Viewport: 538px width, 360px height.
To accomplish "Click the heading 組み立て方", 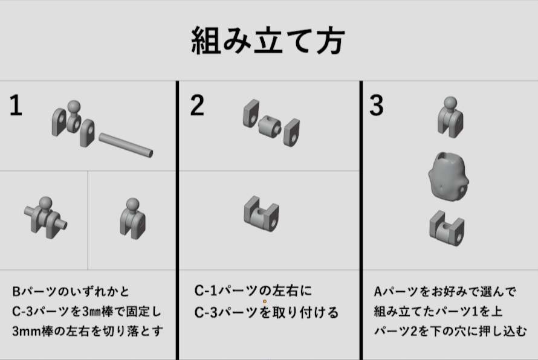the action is (268, 41).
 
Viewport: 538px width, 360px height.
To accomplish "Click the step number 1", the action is (16, 106).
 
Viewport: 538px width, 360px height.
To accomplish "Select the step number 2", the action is (197, 105).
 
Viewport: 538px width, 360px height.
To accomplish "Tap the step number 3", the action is (377, 105).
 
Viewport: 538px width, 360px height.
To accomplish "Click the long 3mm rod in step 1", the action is (126, 145).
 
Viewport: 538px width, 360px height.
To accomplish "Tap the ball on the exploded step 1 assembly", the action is (74, 107).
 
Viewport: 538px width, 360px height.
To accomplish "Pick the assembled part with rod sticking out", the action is (45, 217).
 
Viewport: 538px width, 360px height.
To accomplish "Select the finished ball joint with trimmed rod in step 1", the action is (133, 219).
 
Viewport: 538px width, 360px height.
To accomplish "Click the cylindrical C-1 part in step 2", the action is (270, 126).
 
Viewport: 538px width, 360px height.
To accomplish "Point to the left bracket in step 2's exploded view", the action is (251, 114).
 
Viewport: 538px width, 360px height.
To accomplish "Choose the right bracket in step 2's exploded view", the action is (292, 132).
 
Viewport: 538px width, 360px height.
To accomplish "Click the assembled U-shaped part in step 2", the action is (262, 214).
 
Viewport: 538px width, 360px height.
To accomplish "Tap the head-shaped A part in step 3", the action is (449, 176).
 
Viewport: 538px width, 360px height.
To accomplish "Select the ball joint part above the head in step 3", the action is (450, 117).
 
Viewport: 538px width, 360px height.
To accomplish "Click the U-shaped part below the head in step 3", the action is (447, 228).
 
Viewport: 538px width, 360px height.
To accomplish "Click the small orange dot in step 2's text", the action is (265, 301).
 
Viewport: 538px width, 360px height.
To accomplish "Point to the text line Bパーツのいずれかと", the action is (71, 292).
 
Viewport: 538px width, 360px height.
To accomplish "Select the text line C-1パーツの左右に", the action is (253, 291).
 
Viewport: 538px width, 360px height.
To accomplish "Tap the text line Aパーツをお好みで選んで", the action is (445, 292).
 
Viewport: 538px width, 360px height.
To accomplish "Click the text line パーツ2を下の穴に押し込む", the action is (450, 331).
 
